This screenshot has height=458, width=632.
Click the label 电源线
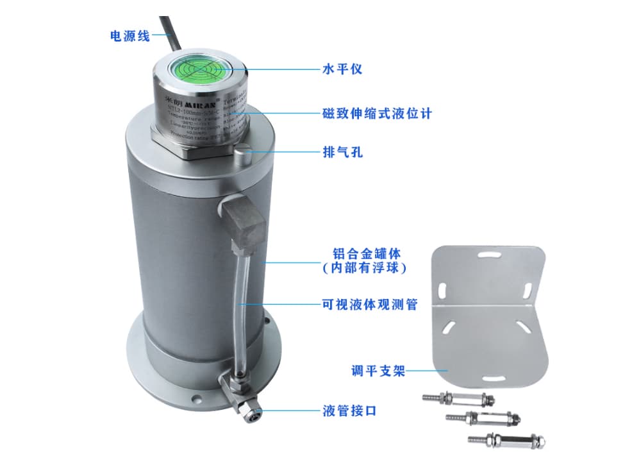click(130, 36)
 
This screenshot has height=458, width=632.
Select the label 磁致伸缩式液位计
click(377, 114)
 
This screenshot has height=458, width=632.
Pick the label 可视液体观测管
click(369, 304)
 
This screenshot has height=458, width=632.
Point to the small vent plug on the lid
click(242, 155)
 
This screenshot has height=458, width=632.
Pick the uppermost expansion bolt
click(456, 400)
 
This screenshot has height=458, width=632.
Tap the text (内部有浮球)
click(365, 267)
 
